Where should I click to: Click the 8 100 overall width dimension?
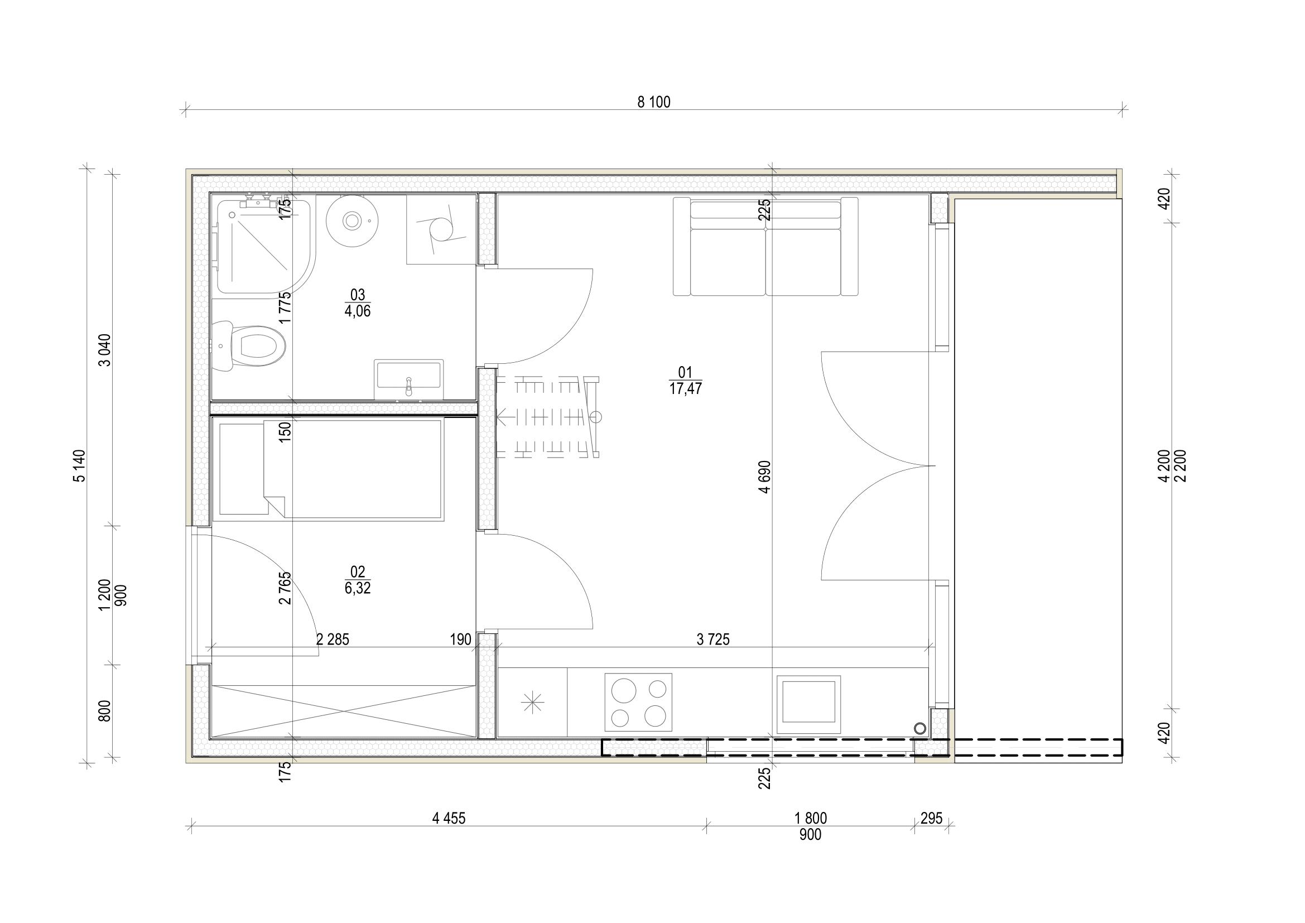point(654,102)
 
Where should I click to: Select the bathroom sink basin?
point(408,376)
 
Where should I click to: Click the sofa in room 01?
point(765,247)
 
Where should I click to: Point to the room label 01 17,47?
point(686,381)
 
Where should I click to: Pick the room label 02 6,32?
point(358,580)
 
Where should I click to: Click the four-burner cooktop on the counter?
point(638,703)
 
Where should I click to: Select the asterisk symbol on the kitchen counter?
point(532,704)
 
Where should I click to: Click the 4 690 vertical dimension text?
point(765,476)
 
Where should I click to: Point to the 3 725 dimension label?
point(712,640)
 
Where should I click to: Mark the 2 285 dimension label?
point(333,640)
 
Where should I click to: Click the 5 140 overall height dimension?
point(80,466)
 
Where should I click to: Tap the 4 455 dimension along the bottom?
point(449,819)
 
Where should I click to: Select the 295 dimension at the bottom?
point(931,819)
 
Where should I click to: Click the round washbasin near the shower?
point(352,220)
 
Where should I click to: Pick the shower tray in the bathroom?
point(263,244)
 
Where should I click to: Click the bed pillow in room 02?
point(243,469)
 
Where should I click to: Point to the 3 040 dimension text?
point(105,349)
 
